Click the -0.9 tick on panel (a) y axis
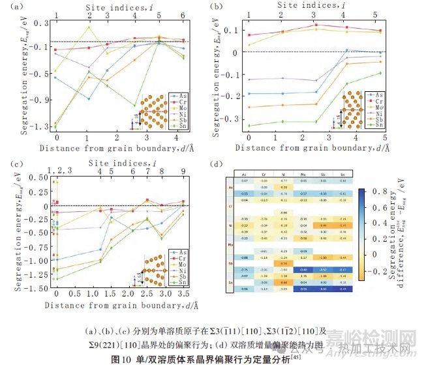(44, 99)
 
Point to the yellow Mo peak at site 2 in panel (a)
(87, 27)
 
